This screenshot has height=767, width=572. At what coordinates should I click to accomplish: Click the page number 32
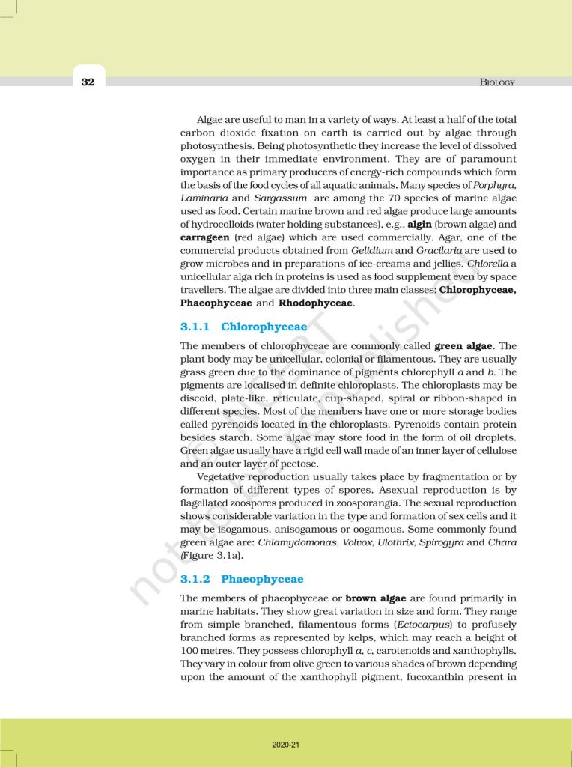88,82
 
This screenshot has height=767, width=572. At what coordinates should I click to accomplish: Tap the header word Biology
497,82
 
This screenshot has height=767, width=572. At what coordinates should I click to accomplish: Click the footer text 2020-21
286,745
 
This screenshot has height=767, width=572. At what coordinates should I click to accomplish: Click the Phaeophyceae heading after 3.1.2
263,579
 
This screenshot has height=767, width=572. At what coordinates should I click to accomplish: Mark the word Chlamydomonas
292,542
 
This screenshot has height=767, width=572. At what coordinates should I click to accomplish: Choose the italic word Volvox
350,542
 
